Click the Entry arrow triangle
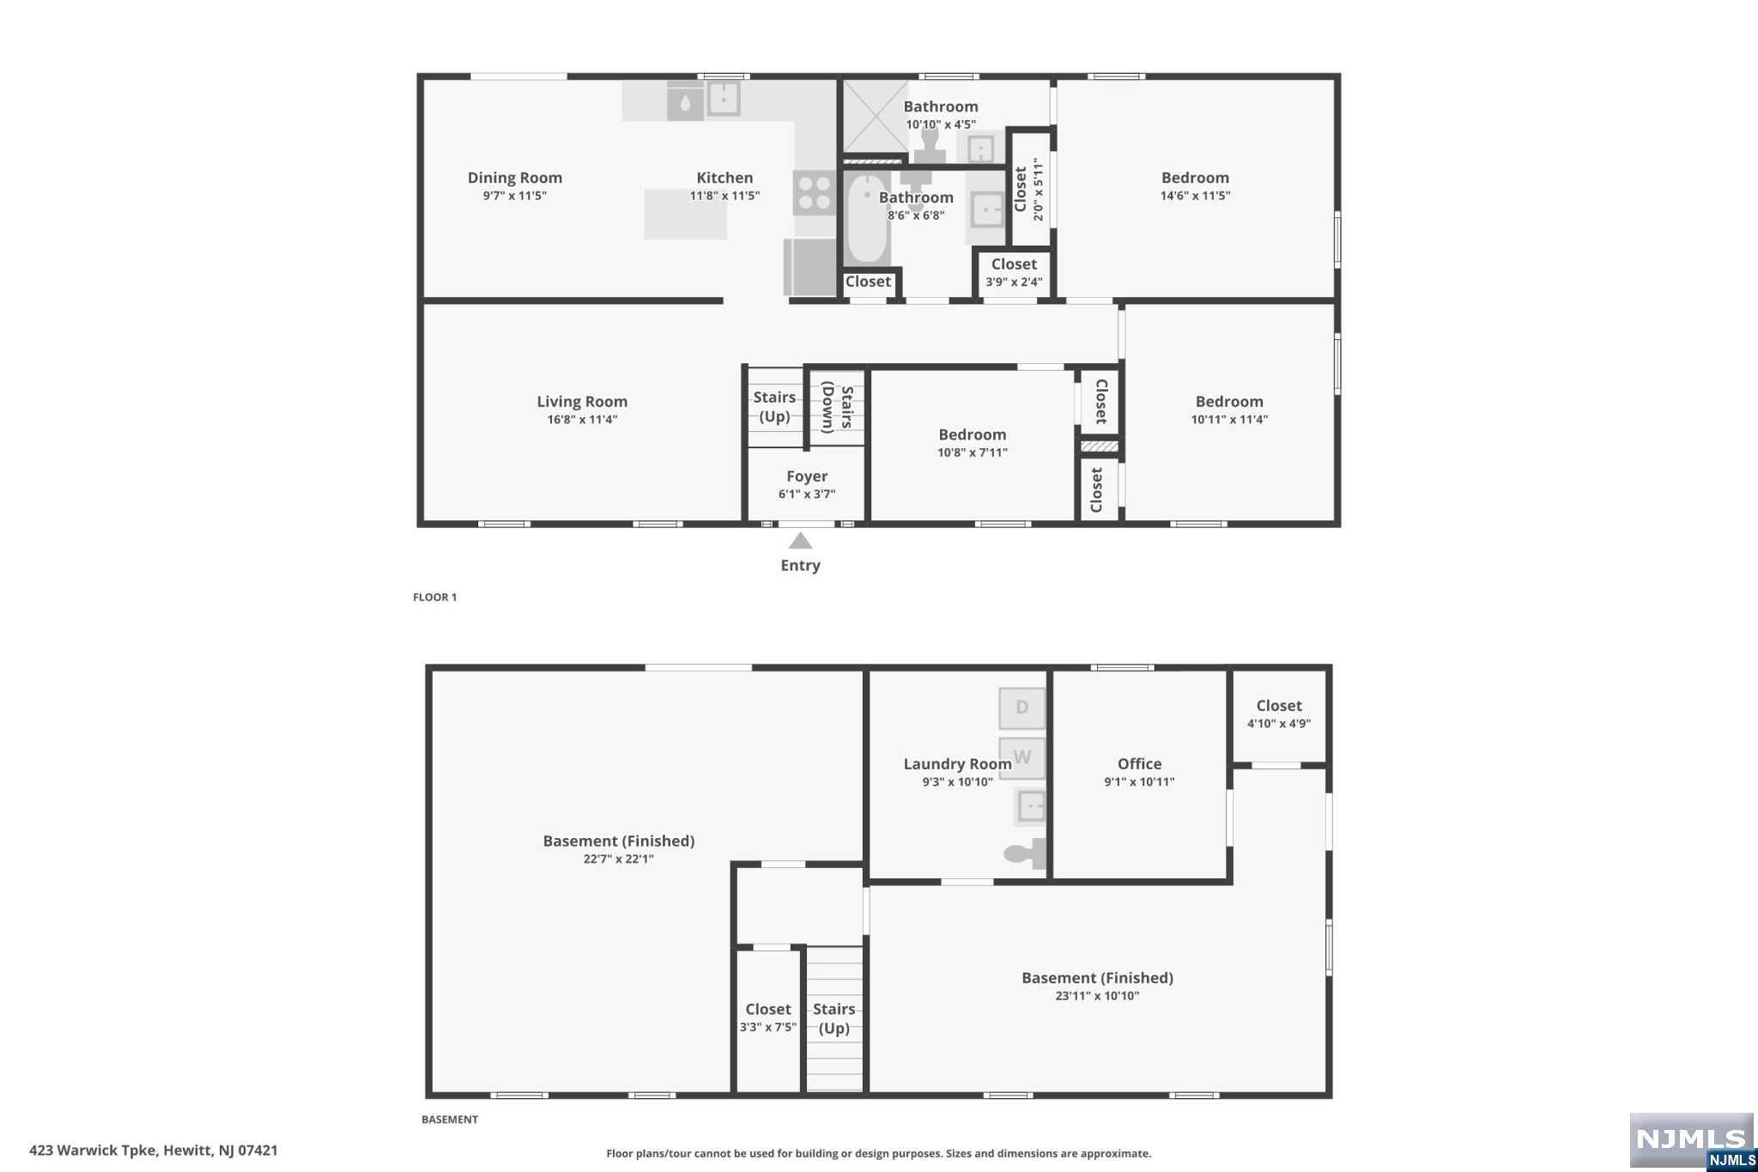pyautogui.click(x=800, y=541)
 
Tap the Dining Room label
pyautogui.click(x=515, y=178)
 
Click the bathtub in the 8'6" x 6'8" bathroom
pyautogui.click(x=867, y=219)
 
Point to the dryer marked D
pyautogui.click(x=1021, y=708)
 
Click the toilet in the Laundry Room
pyautogui.click(x=1025, y=853)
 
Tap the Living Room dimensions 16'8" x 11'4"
pyautogui.click(x=582, y=420)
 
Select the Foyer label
pyautogui.click(x=807, y=477)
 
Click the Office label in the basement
pyautogui.click(x=1139, y=763)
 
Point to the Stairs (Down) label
pyautogui.click(x=837, y=407)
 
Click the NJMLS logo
pyautogui.click(x=1691, y=1140)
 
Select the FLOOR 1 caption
pyautogui.click(x=434, y=598)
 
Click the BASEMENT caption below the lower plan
pyautogui.click(x=450, y=1120)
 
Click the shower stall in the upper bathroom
pyautogui.click(x=875, y=117)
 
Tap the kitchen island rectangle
pyautogui.click(x=685, y=215)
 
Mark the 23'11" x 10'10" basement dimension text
pyautogui.click(x=1097, y=996)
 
